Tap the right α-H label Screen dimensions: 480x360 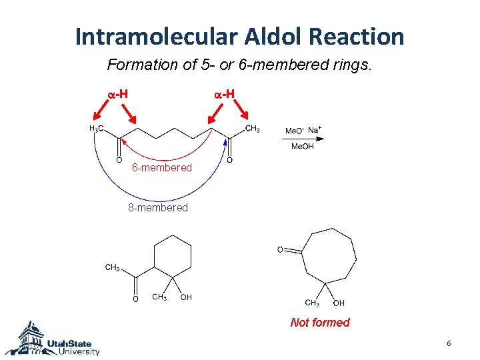click(x=224, y=94)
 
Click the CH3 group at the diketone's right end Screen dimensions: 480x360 click(x=253, y=128)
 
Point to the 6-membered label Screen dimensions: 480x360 click(x=161, y=168)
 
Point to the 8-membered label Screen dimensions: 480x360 click(x=158, y=208)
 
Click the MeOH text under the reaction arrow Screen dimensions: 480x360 click(x=302, y=147)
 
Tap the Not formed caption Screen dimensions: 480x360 click(x=320, y=323)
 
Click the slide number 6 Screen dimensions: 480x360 click(x=449, y=343)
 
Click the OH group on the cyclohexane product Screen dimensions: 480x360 click(x=186, y=297)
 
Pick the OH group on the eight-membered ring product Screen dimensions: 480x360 click(x=339, y=303)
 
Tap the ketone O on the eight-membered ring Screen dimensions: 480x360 click(x=281, y=250)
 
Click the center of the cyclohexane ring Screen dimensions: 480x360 click(x=173, y=257)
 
